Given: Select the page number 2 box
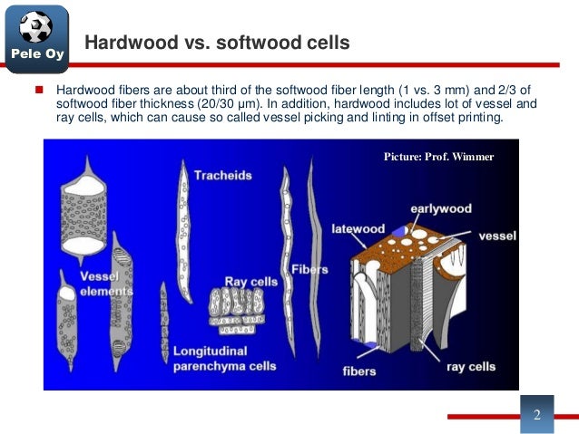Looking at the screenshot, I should pyautogui.click(x=536, y=415).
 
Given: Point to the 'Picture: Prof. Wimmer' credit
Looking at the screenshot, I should pyautogui.click(x=439, y=157).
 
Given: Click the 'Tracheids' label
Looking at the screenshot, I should pyautogui.click(x=222, y=176).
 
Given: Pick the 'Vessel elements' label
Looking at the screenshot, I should pyautogui.click(x=99, y=283).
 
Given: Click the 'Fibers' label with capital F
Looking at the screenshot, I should pyautogui.click(x=309, y=270).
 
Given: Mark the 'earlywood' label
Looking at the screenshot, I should pyautogui.click(x=441, y=208).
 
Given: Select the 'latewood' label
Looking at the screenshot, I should pyautogui.click(x=358, y=228).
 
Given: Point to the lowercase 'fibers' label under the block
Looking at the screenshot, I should pyautogui.click(x=360, y=371).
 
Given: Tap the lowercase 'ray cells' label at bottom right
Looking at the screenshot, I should pyautogui.click(x=471, y=367).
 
